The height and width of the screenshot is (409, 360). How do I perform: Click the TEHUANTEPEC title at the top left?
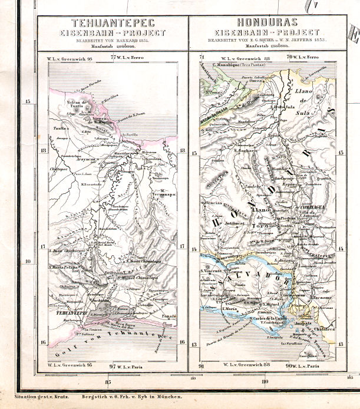point(113,23)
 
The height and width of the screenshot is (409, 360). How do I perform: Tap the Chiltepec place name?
point(51,168)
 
